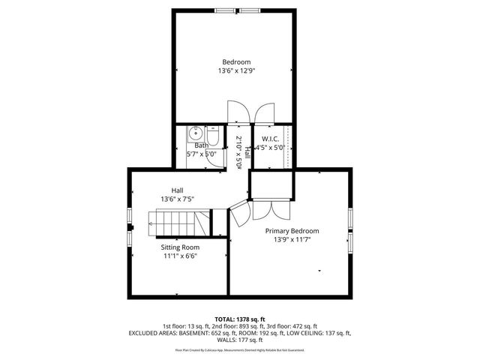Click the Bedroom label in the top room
pos(235,61)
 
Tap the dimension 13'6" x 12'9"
pos(235,71)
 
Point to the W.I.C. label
pos(271,139)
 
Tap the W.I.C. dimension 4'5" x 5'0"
pos(271,148)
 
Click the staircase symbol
pos(178,223)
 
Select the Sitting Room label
pos(180,247)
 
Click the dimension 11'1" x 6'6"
pos(180,256)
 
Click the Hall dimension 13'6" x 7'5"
pos(177,199)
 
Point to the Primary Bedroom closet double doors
pos(268,208)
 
